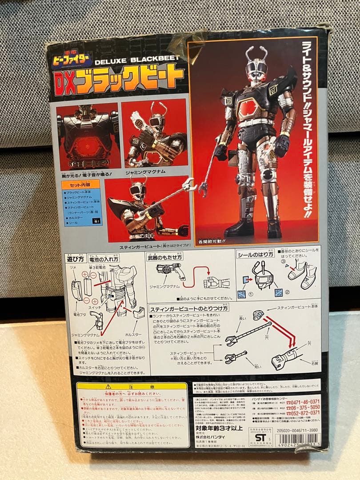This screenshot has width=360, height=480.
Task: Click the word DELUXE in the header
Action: click(x=118, y=62)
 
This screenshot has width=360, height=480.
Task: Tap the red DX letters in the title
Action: click(x=69, y=80)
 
